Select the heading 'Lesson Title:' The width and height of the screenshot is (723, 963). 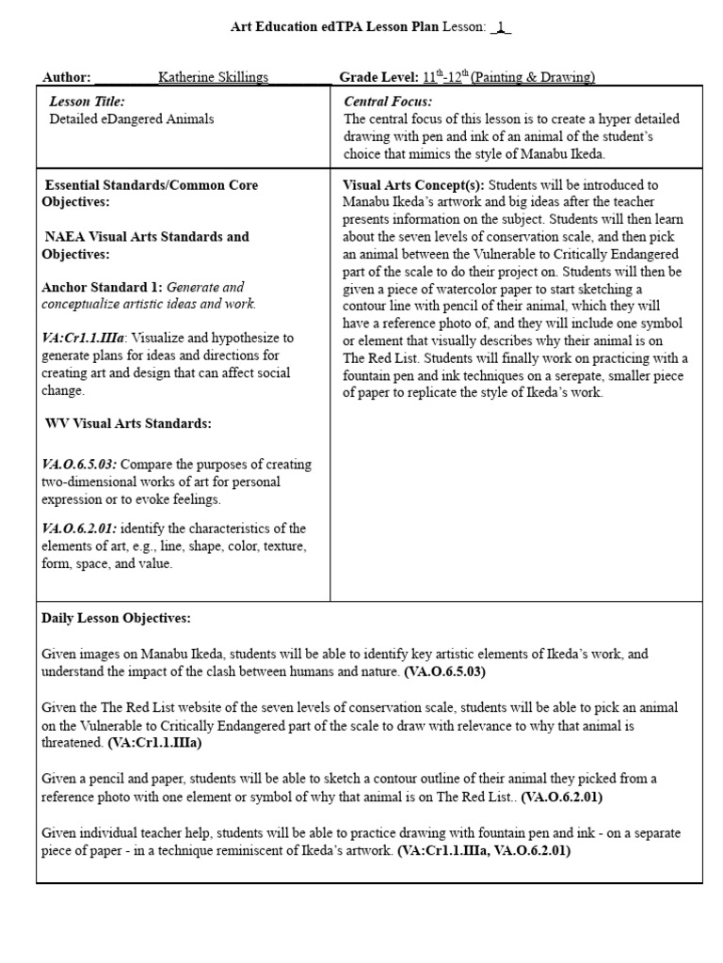click(x=87, y=102)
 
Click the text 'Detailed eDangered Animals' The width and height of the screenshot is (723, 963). click(x=131, y=119)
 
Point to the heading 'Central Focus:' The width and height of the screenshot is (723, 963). click(x=388, y=102)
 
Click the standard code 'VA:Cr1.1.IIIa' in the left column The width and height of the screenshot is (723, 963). click(x=83, y=338)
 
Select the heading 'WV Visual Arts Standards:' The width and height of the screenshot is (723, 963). click(x=128, y=423)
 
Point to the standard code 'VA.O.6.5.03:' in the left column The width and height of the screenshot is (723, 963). click(x=79, y=465)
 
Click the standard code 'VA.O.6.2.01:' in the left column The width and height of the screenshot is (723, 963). click(x=79, y=529)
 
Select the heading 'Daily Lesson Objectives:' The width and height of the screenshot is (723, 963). click(x=116, y=618)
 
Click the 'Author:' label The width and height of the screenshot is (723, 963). click(x=66, y=77)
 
